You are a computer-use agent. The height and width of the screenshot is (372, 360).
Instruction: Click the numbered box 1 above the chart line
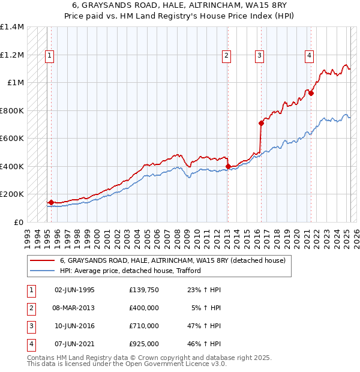pos(49,56)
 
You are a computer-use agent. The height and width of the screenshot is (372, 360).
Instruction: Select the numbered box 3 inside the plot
pos(260,56)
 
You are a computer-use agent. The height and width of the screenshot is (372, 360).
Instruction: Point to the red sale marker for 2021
pos(311,93)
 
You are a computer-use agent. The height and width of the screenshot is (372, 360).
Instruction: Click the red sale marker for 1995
pos(51,202)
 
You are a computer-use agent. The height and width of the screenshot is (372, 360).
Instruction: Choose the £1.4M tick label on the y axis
pos(12,28)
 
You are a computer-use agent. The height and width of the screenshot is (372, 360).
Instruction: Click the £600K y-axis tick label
pos(12,139)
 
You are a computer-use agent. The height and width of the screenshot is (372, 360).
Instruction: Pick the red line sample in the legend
pos(42,261)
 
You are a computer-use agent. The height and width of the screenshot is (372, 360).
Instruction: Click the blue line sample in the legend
pos(42,271)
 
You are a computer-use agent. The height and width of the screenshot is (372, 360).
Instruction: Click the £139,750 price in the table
pos(144,290)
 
